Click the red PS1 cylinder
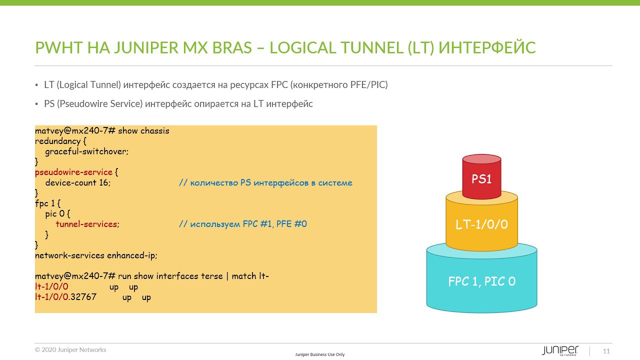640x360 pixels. pyautogui.click(x=481, y=176)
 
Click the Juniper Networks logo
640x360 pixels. pyautogui.click(x=560, y=350)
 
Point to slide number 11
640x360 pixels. pyautogui.click(x=606, y=351)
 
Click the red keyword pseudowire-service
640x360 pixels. pyautogui.click(x=73, y=172)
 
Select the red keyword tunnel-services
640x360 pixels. pyautogui.click(x=86, y=224)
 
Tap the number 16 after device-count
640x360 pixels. pyautogui.click(x=103, y=182)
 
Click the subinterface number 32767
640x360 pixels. pyautogui.click(x=83, y=297)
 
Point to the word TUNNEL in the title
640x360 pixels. pyautogui.click(x=371, y=47)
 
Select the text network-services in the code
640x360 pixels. pyautogui.click(x=69, y=255)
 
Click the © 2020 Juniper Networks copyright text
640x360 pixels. pyautogui.click(x=70, y=349)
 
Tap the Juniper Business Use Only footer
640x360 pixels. pyautogui.click(x=319, y=354)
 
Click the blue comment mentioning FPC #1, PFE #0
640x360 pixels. pyautogui.click(x=243, y=224)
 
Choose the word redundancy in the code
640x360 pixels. pyautogui.click(x=57, y=141)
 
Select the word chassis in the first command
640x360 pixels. pyautogui.click(x=155, y=131)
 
